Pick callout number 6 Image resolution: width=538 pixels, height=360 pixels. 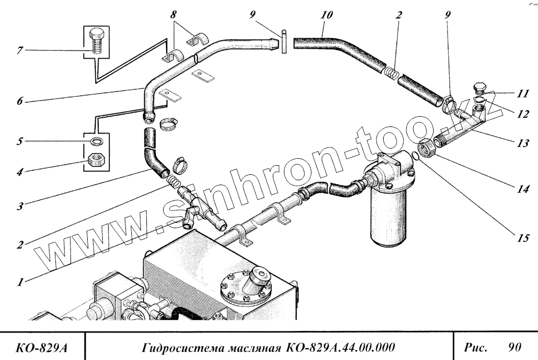click(x=19, y=101)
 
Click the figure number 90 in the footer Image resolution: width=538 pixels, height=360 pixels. click(x=515, y=344)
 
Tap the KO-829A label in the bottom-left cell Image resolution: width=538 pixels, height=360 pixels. click(x=40, y=345)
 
